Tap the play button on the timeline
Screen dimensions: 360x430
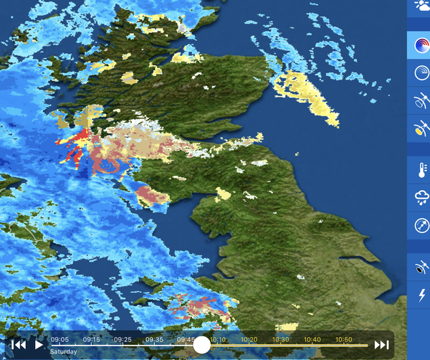click(x=39, y=345)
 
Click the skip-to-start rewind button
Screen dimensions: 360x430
click(x=19, y=345)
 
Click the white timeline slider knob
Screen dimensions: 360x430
click(x=202, y=345)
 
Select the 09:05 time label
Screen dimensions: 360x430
click(x=59, y=339)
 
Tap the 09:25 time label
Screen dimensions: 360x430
click(x=123, y=339)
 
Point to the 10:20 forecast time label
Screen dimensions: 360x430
click(x=249, y=339)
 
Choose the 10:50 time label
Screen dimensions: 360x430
click(x=344, y=339)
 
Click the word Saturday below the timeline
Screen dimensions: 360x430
click(x=64, y=353)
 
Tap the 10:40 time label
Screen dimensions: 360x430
click(x=312, y=339)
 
